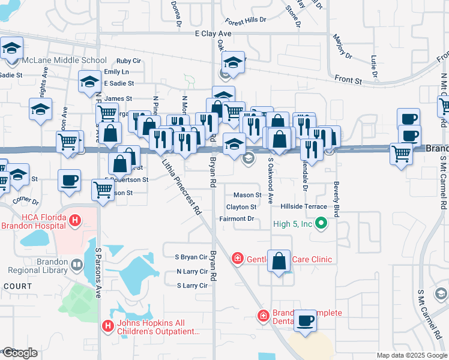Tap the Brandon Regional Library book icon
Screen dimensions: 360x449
pyautogui.click(x=77, y=265)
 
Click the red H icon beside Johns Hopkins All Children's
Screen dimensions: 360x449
pyautogui.click(x=108, y=326)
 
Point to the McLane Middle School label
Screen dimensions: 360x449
pyautogui.click(x=64, y=61)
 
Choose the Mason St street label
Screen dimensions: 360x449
pyautogui.click(x=247, y=195)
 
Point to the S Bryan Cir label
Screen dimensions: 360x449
pyautogui.click(x=191, y=257)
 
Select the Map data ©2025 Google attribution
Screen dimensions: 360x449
pyautogui.click(x=411, y=355)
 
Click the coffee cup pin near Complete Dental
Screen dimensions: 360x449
pyautogui.click(x=306, y=321)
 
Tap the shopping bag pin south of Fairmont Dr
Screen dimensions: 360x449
pyautogui.click(x=279, y=262)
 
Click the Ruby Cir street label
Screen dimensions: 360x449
pyautogui.click(x=128, y=61)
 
